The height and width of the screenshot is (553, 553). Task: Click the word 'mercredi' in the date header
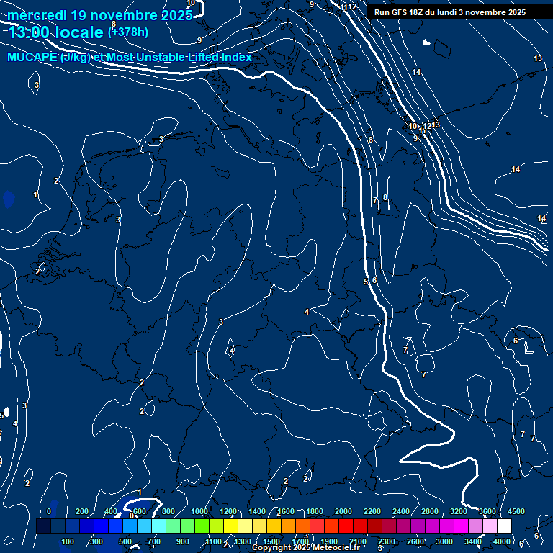(x=37, y=15)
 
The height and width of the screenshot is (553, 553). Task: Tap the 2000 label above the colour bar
(x=343, y=511)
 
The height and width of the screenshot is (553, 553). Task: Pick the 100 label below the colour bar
(x=68, y=541)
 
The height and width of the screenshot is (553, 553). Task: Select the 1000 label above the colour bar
(x=199, y=511)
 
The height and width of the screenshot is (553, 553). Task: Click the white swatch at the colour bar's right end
(x=504, y=526)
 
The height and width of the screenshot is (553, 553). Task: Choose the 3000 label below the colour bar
(x=444, y=541)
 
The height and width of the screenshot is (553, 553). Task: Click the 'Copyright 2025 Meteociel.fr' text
(x=305, y=548)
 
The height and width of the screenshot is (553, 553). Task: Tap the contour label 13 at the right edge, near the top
(x=538, y=58)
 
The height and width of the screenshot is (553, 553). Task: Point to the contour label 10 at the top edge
(x=190, y=3)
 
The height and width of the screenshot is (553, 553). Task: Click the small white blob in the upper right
(x=427, y=44)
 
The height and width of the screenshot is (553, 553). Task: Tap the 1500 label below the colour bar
(x=271, y=541)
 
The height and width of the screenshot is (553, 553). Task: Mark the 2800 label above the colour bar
(x=430, y=511)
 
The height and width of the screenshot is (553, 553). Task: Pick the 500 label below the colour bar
(x=125, y=541)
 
